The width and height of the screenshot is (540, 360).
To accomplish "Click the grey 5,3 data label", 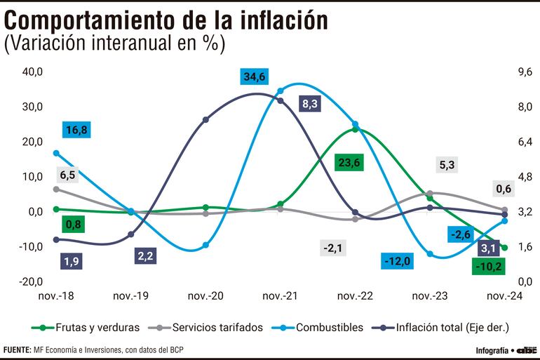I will [447, 166].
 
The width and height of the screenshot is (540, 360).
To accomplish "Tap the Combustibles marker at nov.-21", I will [281, 91].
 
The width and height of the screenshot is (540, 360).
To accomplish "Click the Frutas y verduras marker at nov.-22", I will [355, 129].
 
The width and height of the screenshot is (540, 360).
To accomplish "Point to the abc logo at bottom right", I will [527, 349].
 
